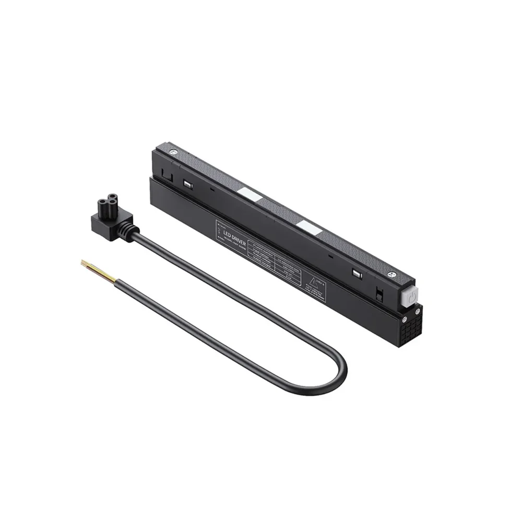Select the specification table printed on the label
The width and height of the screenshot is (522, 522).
pyautogui.click(x=271, y=259)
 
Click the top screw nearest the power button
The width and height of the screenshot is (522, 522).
pyautogui.click(x=389, y=274)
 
